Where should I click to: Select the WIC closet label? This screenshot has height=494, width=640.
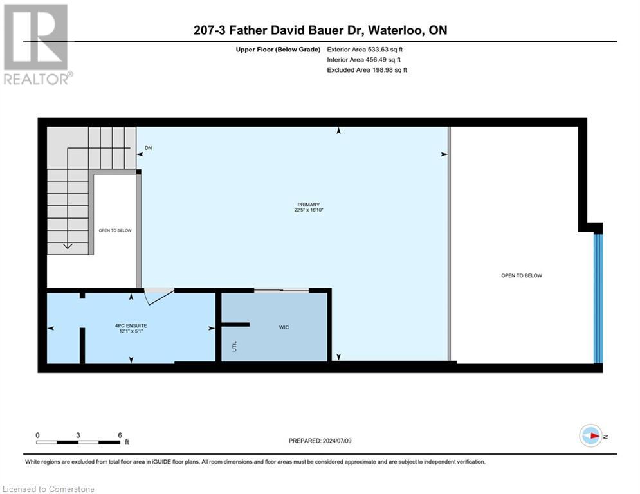coord(284,327)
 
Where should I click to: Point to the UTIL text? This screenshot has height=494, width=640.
coord(234,346)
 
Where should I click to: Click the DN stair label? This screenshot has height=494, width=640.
coord(149,148)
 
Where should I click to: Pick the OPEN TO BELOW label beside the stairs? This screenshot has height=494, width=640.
coord(116,230)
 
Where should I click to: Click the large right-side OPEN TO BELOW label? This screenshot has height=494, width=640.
coord(521,275)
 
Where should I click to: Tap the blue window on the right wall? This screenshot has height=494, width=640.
coord(598,298)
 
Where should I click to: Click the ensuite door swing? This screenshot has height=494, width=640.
coord(158,297)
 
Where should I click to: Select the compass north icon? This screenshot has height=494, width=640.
coord(590,436)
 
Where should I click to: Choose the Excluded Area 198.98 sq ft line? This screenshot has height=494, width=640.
coord(367,70)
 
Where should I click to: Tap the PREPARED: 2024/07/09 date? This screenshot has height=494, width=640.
coord(320,441)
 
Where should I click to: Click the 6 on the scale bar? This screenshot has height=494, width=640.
coord(120,435)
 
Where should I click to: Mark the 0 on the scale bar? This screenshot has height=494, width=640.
coord(37,435)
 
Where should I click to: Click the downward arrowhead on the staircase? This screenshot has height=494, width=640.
coord(67,245)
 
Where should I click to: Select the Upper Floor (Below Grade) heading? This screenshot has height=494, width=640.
coord(278,49)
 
